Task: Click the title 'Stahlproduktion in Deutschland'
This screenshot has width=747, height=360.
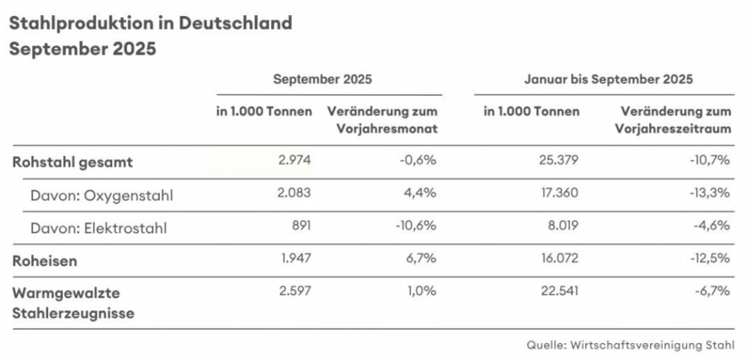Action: click(x=150, y=22)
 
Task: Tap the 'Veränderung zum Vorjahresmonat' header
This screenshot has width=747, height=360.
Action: click(x=382, y=120)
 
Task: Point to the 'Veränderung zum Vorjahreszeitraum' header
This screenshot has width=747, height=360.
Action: click(x=673, y=120)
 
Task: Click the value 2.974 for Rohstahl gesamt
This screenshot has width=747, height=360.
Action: click(x=294, y=162)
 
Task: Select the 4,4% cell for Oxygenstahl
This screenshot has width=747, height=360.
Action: click(x=422, y=195)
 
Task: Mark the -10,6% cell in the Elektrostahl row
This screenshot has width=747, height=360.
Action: click(x=415, y=227)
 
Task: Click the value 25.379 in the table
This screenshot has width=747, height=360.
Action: click(x=558, y=162)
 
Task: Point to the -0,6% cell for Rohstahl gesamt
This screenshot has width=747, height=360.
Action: click(x=418, y=162)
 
